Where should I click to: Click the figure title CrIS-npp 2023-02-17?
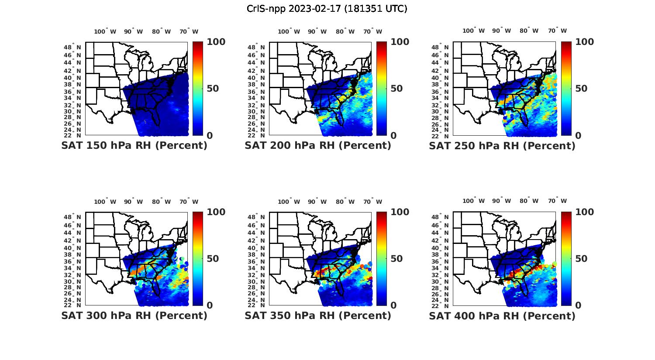(327, 9)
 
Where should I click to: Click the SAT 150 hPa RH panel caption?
(134, 146)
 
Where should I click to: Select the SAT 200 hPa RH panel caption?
(318, 146)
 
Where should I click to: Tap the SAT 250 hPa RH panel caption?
(502, 146)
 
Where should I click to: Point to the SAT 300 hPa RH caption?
(134, 315)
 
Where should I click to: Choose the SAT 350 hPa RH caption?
(318, 315)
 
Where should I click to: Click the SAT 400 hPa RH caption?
(502, 315)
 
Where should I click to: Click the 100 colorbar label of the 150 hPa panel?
(216, 42)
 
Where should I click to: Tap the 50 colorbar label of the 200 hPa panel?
(396, 89)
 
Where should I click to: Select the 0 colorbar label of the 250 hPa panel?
(578, 136)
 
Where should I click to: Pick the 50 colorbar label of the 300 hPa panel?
(213, 259)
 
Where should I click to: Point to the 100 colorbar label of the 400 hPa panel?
(585, 212)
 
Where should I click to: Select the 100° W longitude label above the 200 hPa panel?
(289, 31)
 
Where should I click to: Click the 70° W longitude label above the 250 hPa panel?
(557, 31)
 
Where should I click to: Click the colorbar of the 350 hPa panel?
(382, 259)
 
